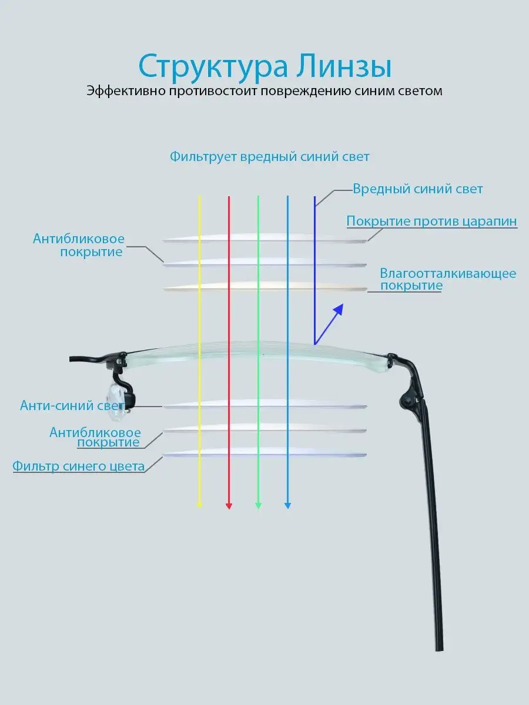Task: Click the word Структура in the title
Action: click(x=213, y=67)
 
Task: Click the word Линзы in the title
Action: click(x=343, y=66)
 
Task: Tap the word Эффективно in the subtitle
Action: click(x=126, y=91)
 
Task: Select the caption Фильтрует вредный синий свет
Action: click(x=269, y=157)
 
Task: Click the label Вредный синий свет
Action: click(x=417, y=189)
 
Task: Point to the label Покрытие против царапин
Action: click(x=431, y=221)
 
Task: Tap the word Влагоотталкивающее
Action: click(x=448, y=273)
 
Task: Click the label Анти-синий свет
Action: click(x=72, y=405)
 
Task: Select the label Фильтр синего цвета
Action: click(x=78, y=466)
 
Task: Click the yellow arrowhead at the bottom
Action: click(x=199, y=505)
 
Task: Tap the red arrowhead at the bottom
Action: click(x=229, y=506)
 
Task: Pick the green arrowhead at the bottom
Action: click(x=258, y=506)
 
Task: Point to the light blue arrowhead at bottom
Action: click(x=288, y=506)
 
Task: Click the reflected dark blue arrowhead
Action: click(x=339, y=309)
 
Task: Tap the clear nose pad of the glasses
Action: click(x=116, y=402)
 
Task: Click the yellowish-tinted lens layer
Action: click(x=265, y=286)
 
